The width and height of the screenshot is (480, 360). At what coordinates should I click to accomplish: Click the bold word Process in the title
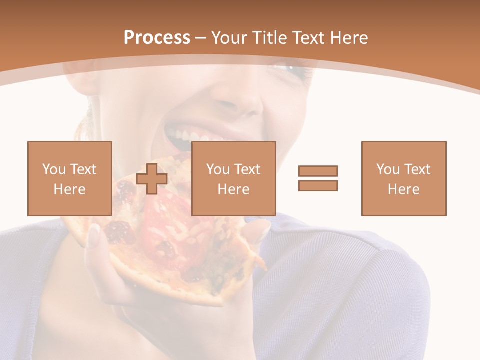157,38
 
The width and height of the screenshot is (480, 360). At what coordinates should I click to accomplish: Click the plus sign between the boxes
152,179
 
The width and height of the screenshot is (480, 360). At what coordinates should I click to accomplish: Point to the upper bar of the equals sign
318,171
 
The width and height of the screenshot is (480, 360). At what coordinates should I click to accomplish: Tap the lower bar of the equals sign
318,185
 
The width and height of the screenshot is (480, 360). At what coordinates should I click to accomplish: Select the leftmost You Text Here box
70,178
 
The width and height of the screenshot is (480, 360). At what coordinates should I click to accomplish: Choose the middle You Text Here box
234,178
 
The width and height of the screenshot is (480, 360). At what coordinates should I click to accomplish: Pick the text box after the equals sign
404,178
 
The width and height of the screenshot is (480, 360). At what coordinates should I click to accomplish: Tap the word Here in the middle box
234,189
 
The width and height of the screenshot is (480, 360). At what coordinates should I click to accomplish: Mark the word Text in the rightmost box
417,169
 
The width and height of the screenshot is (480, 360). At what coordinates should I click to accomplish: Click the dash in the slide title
201,38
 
